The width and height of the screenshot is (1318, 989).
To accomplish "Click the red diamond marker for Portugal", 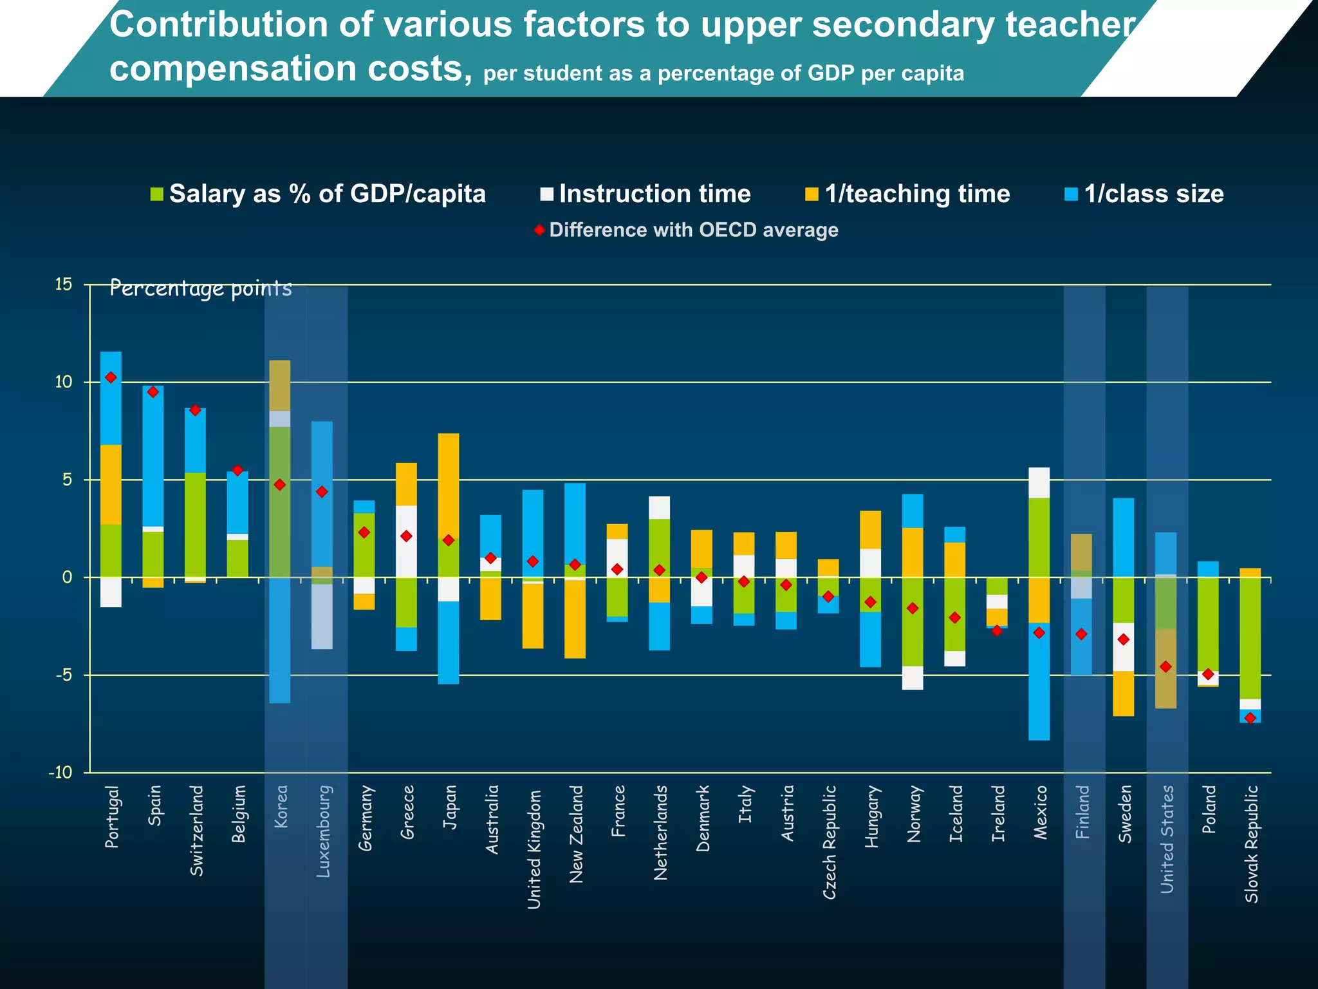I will pos(111,377).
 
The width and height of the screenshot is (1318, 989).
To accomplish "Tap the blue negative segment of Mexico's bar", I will pos(1039,683).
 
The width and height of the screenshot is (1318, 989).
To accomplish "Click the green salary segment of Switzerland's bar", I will pos(195,525).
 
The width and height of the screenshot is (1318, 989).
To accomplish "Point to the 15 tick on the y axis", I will pos(64,285).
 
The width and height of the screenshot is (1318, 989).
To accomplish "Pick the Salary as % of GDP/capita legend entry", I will pos(318,194).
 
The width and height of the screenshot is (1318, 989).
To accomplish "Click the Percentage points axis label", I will pos(201,288).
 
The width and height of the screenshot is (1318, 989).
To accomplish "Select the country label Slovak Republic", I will pos(1251,843).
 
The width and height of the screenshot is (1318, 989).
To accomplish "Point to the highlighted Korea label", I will pos(281,806).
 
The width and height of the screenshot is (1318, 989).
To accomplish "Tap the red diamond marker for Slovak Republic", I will pos(1250,718).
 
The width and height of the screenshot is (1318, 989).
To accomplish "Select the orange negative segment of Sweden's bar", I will pos(1123,693).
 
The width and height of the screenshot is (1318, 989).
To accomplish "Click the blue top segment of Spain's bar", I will pos(153,456).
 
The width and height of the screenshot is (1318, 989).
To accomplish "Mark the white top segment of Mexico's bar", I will pos(1039,482).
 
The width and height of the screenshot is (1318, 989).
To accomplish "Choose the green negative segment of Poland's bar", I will pos(1208,623).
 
